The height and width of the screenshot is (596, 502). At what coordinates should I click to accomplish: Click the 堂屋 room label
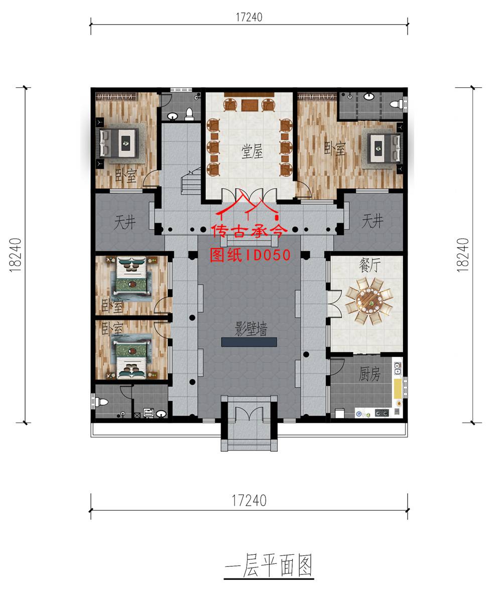[252, 151]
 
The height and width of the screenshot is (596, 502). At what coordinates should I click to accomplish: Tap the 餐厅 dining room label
[370, 265]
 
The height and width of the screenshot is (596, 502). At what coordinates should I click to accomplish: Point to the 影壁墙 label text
[251, 329]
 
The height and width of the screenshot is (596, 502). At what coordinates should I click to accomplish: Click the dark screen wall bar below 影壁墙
[249, 342]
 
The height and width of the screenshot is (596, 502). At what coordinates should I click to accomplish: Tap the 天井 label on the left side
[125, 222]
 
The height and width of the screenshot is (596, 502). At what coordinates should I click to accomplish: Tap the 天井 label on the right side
[372, 221]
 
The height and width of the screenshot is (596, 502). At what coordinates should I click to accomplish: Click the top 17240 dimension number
[249, 17]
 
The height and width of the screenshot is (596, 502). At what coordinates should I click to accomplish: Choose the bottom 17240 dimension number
[249, 500]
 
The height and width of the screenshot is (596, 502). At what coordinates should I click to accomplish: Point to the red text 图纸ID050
[250, 255]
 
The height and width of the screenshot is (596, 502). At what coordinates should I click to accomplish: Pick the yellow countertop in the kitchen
[398, 387]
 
